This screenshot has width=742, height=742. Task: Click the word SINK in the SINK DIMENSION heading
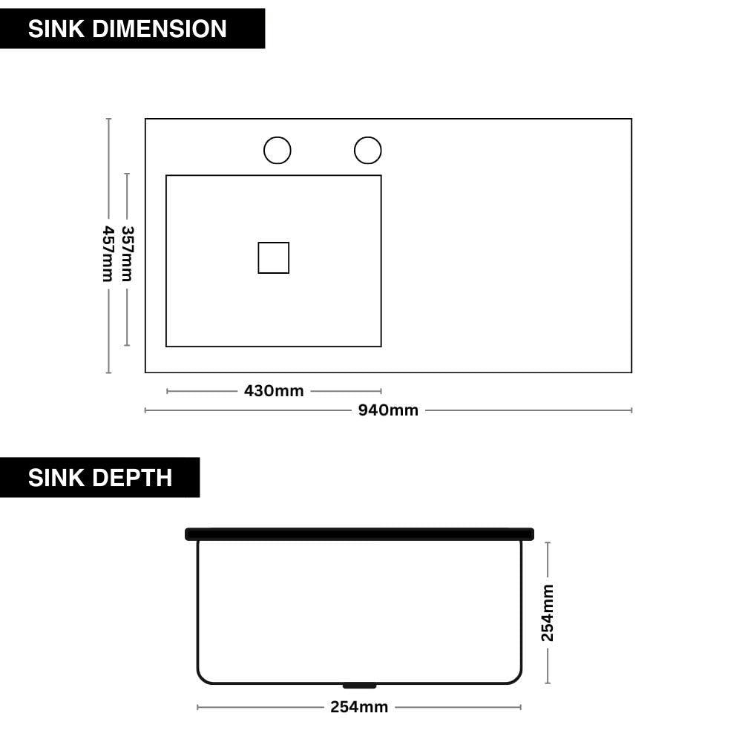(x=56, y=29)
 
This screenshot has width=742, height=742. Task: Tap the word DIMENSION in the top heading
(x=160, y=29)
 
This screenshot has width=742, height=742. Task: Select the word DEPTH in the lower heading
(x=133, y=477)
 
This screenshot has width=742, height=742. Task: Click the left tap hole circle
(x=278, y=151)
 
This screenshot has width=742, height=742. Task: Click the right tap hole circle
(x=368, y=151)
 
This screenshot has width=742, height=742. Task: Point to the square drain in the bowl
(x=274, y=258)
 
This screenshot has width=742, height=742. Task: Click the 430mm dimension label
(x=274, y=391)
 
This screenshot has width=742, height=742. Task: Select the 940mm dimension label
(x=388, y=410)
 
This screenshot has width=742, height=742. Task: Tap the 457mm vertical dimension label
(x=108, y=254)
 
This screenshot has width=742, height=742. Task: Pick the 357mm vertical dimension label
(x=128, y=254)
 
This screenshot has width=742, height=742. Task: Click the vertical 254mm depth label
(x=548, y=613)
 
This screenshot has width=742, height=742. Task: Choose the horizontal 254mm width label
(x=359, y=707)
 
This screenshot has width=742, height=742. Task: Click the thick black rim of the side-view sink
(x=359, y=534)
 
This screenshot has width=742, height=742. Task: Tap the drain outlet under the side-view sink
(x=359, y=686)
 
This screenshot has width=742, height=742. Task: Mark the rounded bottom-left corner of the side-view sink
(x=202, y=679)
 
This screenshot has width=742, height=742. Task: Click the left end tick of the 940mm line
(x=145, y=410)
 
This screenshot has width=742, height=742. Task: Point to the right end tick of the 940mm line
(x=631, y=410)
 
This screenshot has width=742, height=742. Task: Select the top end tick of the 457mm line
(x=108, y=119)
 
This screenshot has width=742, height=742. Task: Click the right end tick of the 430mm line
(x=381, y=391)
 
